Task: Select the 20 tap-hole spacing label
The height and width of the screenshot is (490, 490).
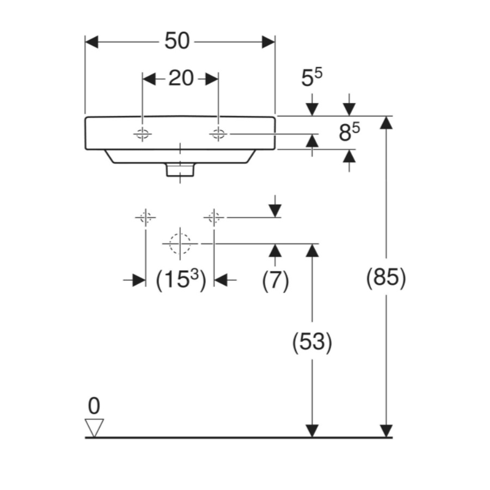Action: (181, 78)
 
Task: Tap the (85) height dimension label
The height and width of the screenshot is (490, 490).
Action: (386, 278)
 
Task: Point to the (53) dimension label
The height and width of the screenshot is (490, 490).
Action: (312, 342)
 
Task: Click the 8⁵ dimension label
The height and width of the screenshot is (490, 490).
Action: (350, 132)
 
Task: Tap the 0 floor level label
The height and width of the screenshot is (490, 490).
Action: (94, 406)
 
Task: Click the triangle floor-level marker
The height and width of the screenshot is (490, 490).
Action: (95, 427)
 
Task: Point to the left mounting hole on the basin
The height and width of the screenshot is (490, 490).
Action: (143, 133)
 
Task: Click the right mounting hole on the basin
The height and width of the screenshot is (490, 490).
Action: (218, 133)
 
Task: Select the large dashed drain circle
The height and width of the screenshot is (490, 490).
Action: (180, 243)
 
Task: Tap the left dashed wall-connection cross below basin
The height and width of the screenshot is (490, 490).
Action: (145, 217)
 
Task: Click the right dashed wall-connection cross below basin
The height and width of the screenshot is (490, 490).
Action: (214, 217)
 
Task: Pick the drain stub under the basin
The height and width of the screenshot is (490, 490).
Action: (180, 170)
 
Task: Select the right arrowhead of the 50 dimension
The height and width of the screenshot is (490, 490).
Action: (268, 42)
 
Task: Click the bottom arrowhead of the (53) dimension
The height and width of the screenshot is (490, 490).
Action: (312, 431)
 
